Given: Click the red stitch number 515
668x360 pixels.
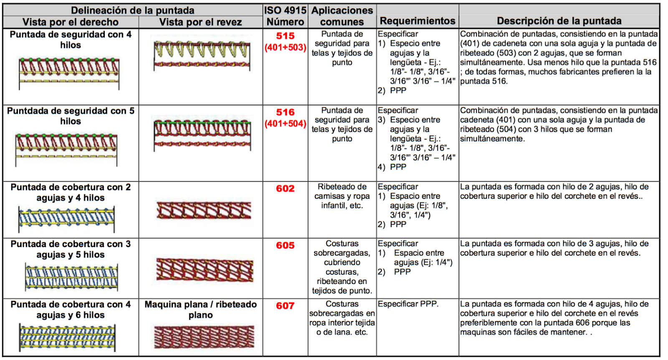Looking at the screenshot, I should click(x=285, y=36).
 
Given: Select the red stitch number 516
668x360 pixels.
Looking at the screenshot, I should click(x=285, y=112).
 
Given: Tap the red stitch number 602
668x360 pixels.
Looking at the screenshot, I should click(x=285, y=189).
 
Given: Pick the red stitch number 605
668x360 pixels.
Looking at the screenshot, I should click(x=285, y=246).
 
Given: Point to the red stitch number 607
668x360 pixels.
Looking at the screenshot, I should click(x=285, y=306).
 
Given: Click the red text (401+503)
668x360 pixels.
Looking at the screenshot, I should click(x=285, y=48).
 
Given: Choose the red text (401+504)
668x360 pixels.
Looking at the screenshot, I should click(x=285, y=124).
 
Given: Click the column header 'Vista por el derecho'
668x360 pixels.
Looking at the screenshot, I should click(x=70, y=22).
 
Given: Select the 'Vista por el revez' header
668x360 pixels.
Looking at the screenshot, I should click(x=200, y=22).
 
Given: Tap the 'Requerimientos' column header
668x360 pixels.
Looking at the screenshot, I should click(x=417, y=21).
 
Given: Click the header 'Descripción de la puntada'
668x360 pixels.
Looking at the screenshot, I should click(x=559, y=21).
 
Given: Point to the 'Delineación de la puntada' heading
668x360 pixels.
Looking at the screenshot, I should click(x=132, y=10).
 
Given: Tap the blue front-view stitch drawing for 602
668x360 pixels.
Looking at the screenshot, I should click(x=66, y=218).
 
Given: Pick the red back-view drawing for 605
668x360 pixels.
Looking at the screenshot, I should click(x=205, y=269).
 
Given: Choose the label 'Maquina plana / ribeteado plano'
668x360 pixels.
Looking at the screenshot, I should click(x=200, y=309).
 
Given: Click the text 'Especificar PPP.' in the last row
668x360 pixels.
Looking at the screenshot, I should click(x=408, y=304).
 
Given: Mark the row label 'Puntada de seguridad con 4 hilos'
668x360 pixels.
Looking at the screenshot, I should click(x=71, y=40).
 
